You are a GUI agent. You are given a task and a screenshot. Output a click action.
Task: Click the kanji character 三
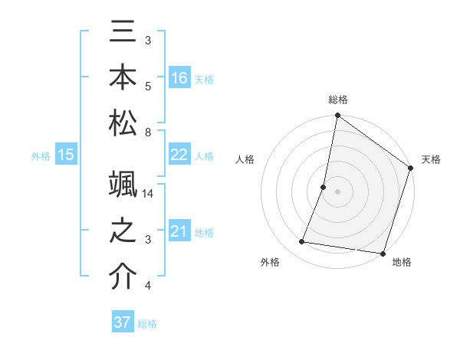pos(123,34)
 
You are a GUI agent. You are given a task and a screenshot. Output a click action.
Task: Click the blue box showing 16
pos(179,77)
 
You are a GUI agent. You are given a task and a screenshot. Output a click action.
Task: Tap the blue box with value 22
pos(179,155)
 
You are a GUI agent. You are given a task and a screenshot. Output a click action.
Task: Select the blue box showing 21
pos(179,232)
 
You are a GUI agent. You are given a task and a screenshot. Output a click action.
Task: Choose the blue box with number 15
pos(66,155)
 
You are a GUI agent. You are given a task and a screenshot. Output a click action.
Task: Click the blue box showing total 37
pos(123,322)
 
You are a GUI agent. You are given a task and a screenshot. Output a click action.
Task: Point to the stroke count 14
pos(149,195)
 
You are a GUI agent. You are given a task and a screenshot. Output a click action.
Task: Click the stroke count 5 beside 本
pos(148,85)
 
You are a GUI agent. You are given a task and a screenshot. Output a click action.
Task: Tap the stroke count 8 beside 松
pos(148,133)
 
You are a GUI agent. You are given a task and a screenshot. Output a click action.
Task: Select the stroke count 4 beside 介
pos(148,286)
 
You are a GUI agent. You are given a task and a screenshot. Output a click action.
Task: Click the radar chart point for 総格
pos(337,116)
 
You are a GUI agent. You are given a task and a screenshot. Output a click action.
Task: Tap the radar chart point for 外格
pos(302,242)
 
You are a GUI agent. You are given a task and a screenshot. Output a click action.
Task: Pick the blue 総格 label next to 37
pos(147,324)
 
